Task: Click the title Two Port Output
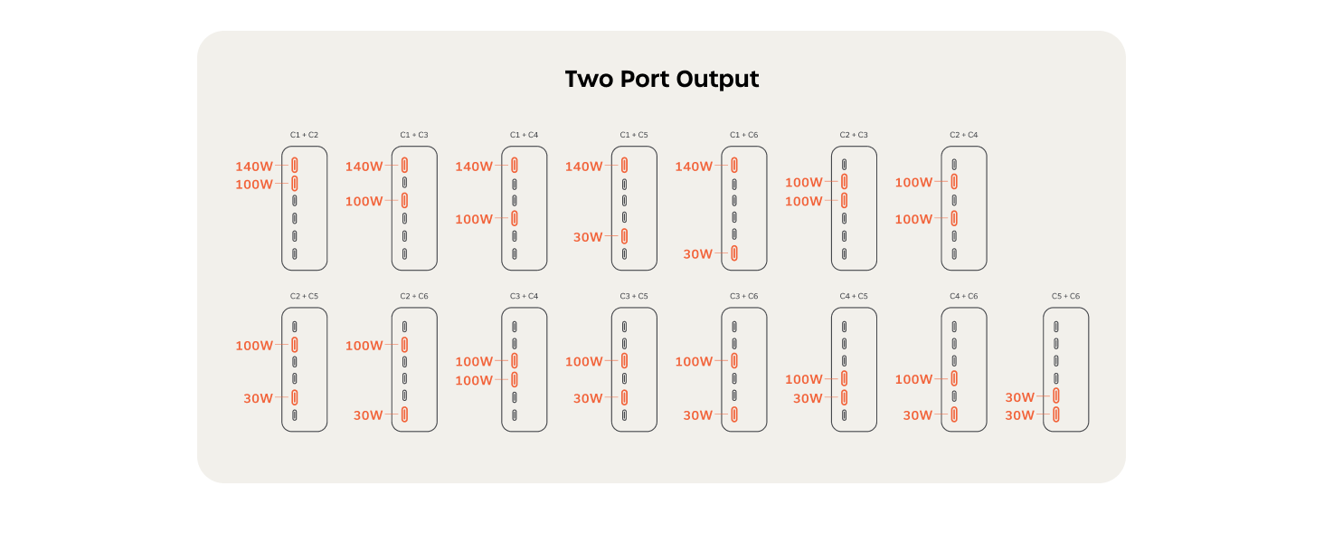click(661, 80)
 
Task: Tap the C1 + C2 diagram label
click(304, 135)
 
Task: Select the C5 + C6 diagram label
click(1065, 296)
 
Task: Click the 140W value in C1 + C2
click(254, 167)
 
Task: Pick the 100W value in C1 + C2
click(254, 185)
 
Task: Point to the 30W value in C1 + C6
click(698, 254)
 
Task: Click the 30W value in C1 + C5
click(588, 237)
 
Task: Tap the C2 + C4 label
click(963, 135)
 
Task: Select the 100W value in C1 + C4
click(474, 219)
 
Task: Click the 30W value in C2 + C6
click(368, 415)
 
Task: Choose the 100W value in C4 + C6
click(913, 379)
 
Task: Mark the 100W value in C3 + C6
click(694, 361)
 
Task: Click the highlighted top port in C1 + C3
click(405, 165)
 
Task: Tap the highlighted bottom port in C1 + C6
click(734, 253)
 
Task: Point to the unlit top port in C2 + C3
click(844, 165)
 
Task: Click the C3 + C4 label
click(524, 296)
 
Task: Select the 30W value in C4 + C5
click(808, 398)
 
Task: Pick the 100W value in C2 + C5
click(254, 346)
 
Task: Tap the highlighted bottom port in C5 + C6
click(1056, 414)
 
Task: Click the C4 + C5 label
click(854, 296)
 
